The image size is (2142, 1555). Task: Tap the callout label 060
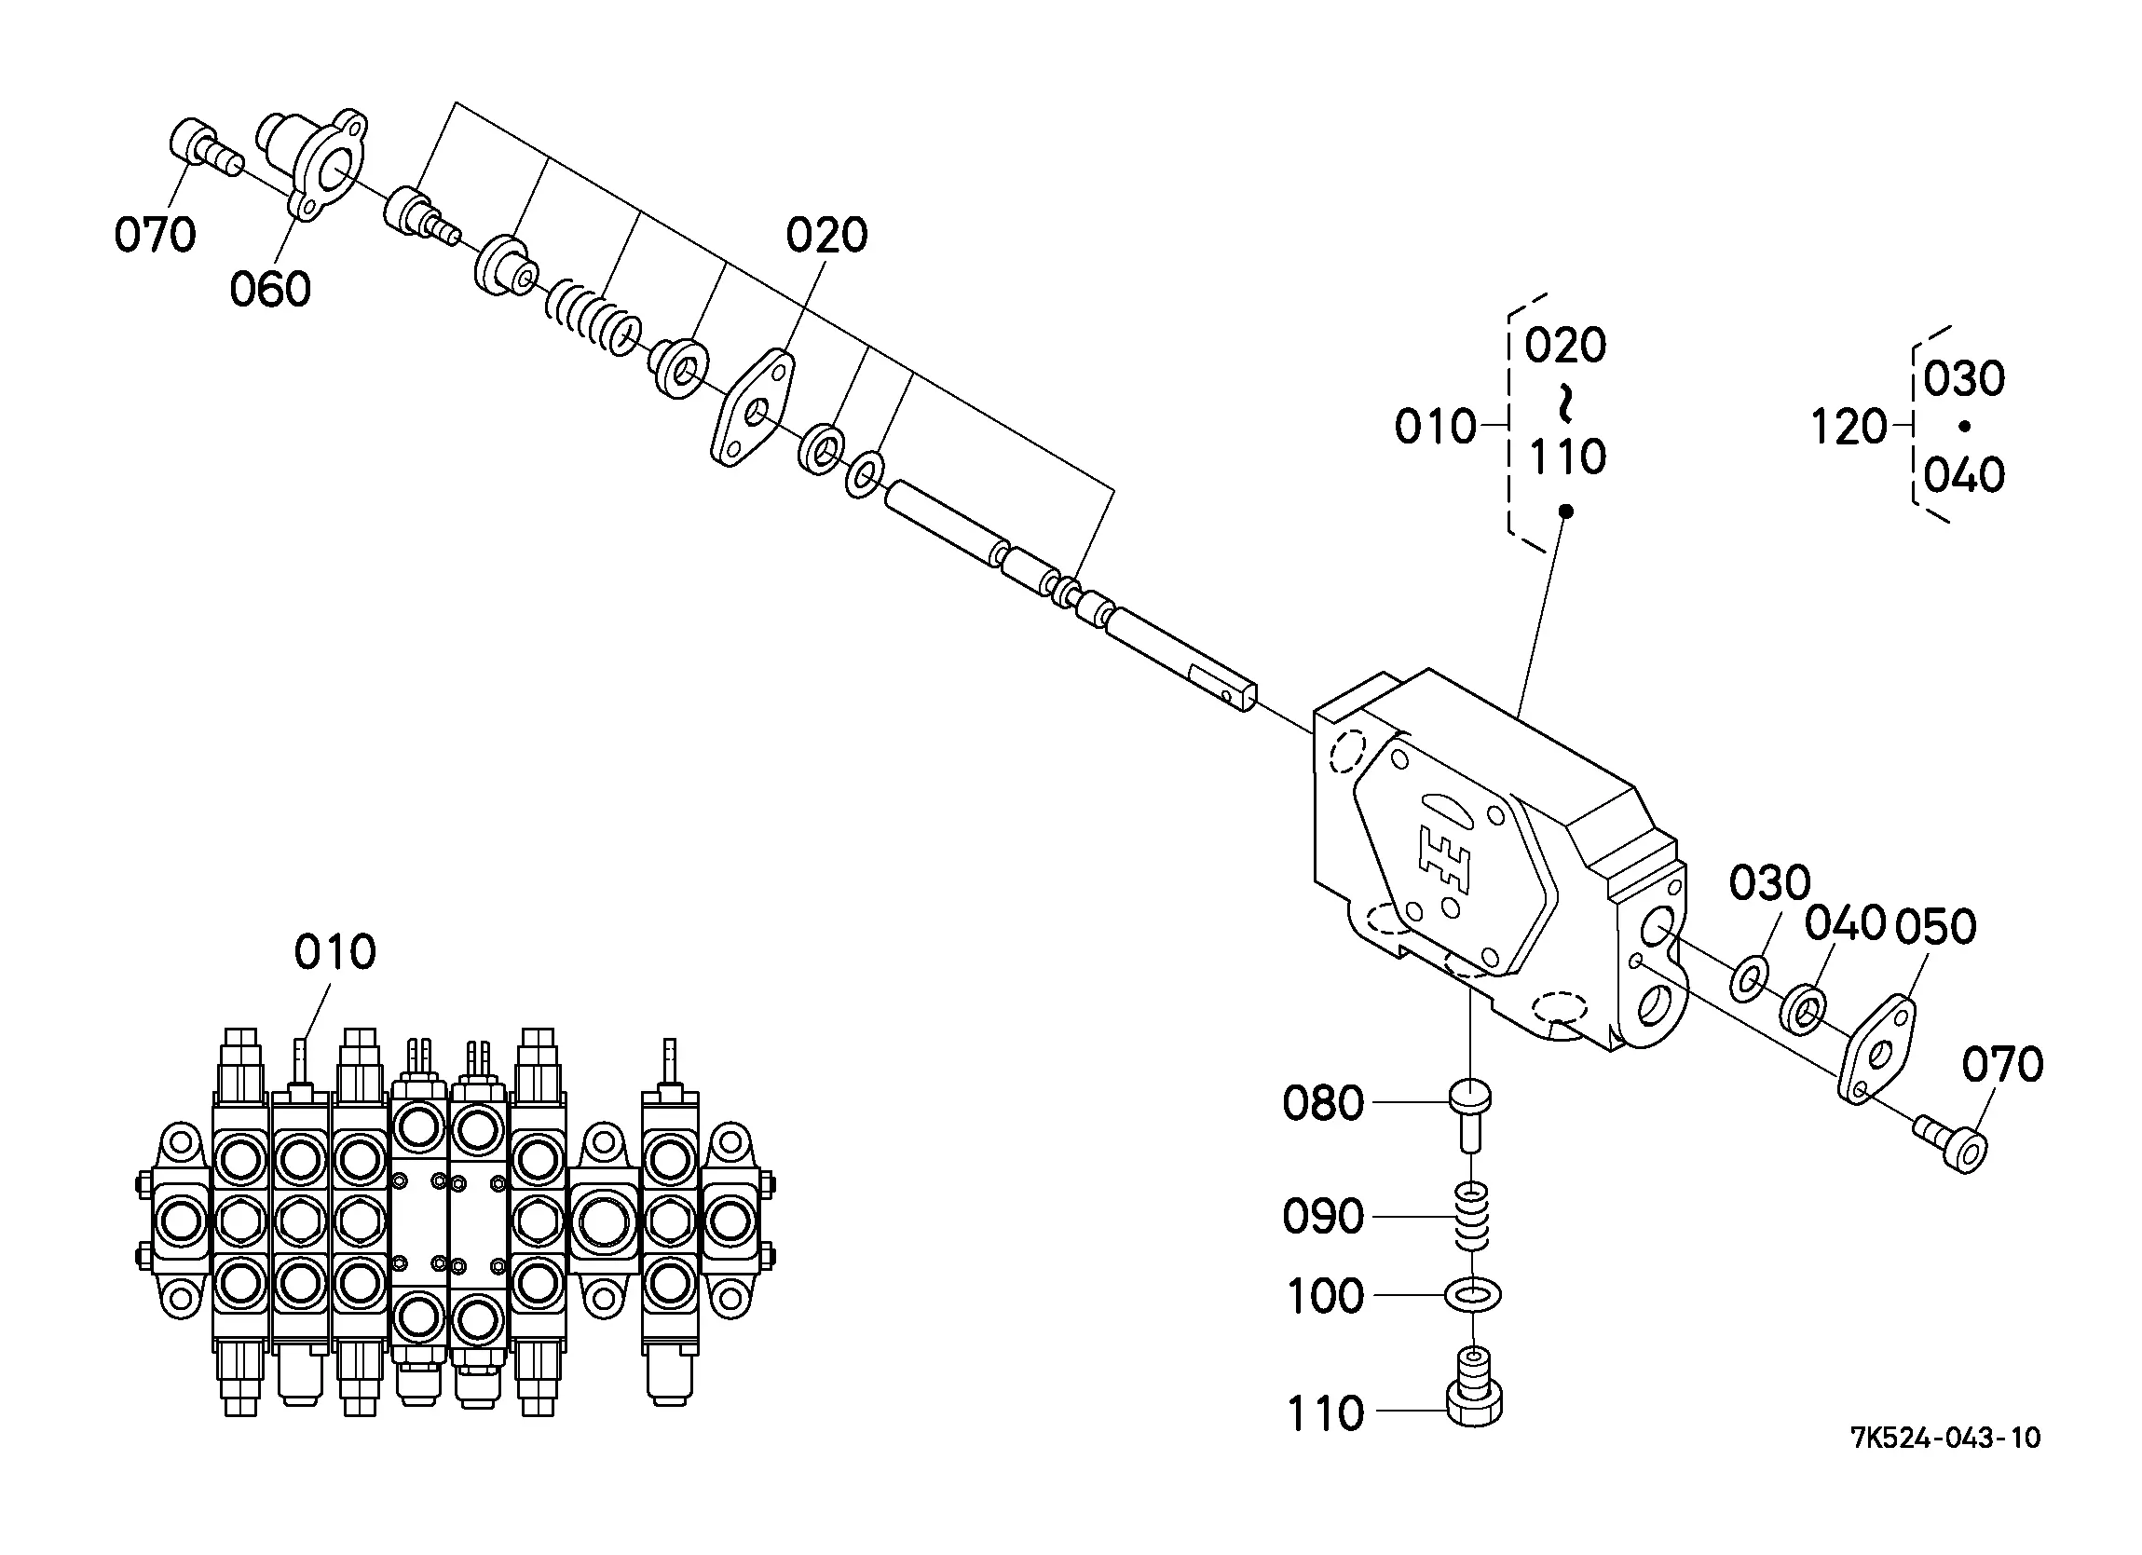[x=270, y=289]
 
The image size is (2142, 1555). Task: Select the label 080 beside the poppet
[x=1323, y=1103]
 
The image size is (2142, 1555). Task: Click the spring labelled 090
[x=1473, y=1217]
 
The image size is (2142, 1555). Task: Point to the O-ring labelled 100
[x=1472, y=1295]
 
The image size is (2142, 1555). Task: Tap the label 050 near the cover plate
[x=1936, y=927]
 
